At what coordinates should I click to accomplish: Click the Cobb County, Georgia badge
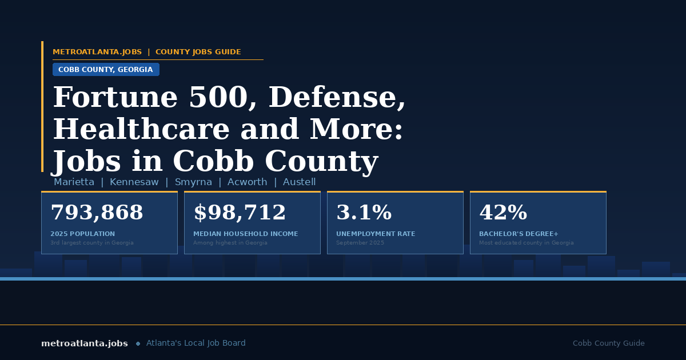106,70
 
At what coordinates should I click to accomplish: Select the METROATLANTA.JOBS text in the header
97,52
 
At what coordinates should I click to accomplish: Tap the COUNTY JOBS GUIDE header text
198,52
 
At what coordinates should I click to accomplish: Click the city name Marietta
74,182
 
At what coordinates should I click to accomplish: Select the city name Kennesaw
134,182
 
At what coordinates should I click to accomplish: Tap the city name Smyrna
193,182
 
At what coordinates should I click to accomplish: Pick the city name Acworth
247,182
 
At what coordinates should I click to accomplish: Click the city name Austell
299,182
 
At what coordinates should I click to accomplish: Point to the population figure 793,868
97,213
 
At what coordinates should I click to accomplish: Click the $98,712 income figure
240,213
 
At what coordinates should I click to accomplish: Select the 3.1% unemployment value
364,213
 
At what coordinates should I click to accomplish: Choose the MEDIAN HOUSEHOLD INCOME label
245,234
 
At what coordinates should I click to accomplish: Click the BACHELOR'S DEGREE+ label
519,234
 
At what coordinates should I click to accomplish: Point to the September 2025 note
360,243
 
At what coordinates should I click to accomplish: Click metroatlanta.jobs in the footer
85,343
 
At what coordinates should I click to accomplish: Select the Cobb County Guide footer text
608,343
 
